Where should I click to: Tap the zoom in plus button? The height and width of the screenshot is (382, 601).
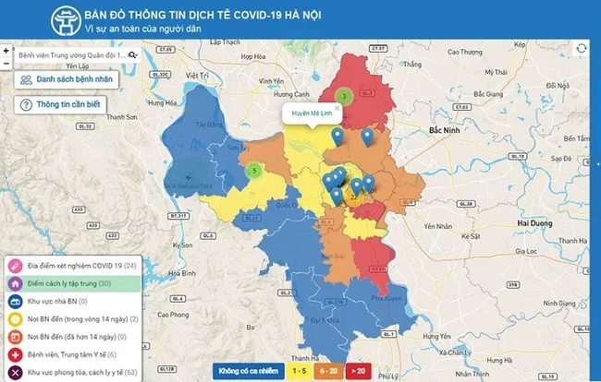[6, 51]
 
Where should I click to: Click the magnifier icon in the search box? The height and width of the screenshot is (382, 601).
[133, 55]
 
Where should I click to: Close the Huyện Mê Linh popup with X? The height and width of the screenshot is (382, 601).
[337, 108]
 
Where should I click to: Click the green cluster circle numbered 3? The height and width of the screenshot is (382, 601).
[343, 95]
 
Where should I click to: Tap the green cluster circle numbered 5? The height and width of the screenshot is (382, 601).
[253, 170]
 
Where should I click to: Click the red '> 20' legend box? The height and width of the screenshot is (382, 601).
[358, 370]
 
